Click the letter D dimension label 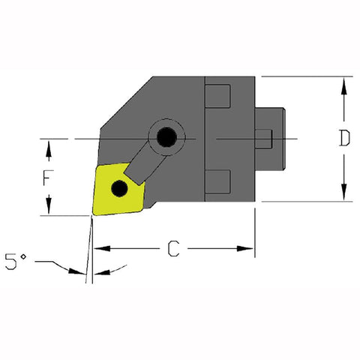tap(343, 139)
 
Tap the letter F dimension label tap(49, 179)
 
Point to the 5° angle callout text tap(17, 262)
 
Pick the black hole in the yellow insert tap(118, 188)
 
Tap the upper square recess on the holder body tap(217, 97)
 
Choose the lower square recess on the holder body tap(217, 181)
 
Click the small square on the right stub tap(263, 139)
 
